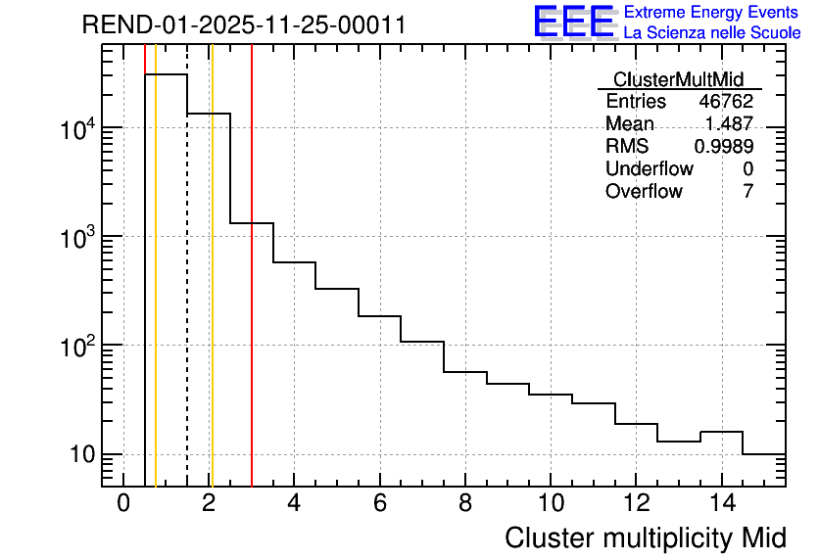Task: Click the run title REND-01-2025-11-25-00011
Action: tap(244, 25)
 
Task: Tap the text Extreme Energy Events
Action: tap(712, 13)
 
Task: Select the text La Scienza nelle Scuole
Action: tap(712, 33)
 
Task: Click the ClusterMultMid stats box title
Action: tap(678, 79)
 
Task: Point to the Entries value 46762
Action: tap(725, 102)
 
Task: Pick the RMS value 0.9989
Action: tap(723, 147)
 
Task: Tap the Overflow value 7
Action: tap(747, 192)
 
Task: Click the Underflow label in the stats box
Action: tap(649, 169)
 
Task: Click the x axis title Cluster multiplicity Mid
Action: tap(645, 537)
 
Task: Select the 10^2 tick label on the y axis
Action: tap(76, 347)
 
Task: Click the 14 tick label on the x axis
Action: tap(721, 504)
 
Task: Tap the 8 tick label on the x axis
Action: tap(464, 504)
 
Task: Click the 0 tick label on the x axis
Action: tap(123, 504)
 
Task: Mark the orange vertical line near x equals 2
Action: tap(212, 294)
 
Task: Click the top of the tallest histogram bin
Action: tap(166, 74)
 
